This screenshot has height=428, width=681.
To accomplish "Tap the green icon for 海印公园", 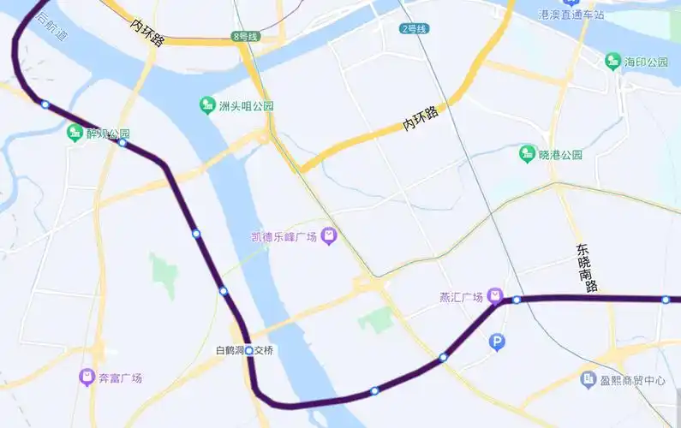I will pos(612,62).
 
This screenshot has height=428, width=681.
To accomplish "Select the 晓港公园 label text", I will pos(560,155).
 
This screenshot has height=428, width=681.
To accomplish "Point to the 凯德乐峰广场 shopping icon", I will pos(328,236).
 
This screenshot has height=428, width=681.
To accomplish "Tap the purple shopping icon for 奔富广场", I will pos(87,377).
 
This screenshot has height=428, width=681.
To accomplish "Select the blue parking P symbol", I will pos(497,343).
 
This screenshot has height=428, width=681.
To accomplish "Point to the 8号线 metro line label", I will pos(245,36).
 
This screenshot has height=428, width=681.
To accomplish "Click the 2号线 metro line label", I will pos(413,28).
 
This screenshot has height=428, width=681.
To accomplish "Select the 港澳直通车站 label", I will pos(572,15).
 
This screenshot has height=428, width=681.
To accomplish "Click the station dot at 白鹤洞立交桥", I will pos(249,351).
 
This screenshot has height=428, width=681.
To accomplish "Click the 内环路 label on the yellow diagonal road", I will pos(419,119).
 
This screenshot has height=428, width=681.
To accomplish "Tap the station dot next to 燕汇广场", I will pos(517,300).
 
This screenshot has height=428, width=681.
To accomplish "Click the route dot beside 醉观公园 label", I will pos(122,143).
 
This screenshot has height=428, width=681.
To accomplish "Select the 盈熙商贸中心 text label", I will pos(633,379).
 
